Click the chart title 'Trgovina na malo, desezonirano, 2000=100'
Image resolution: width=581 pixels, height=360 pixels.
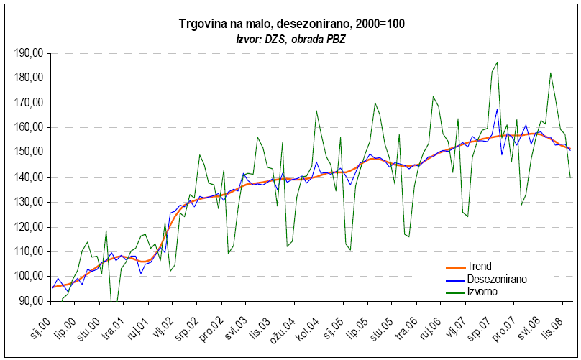click(x=291, y=24)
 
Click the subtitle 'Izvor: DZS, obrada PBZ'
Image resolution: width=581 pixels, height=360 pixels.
click(x=291, y=39)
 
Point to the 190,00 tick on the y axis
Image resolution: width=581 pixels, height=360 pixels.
click(x=29, y=53)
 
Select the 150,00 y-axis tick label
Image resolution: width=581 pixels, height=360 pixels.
click(x=29, y=152)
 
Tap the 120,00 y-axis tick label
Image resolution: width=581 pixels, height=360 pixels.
click(x=29, y=227)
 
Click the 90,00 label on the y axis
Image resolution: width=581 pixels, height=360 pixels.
click(x=32, y=301)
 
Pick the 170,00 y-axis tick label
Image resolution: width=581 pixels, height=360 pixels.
click(x=29, y=103)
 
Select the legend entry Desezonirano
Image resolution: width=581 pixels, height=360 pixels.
click(x=495, y=279)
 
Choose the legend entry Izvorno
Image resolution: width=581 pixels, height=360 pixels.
click(x=482, y=291)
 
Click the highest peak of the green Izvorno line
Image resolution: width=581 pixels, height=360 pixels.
click(x=497, y=63)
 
